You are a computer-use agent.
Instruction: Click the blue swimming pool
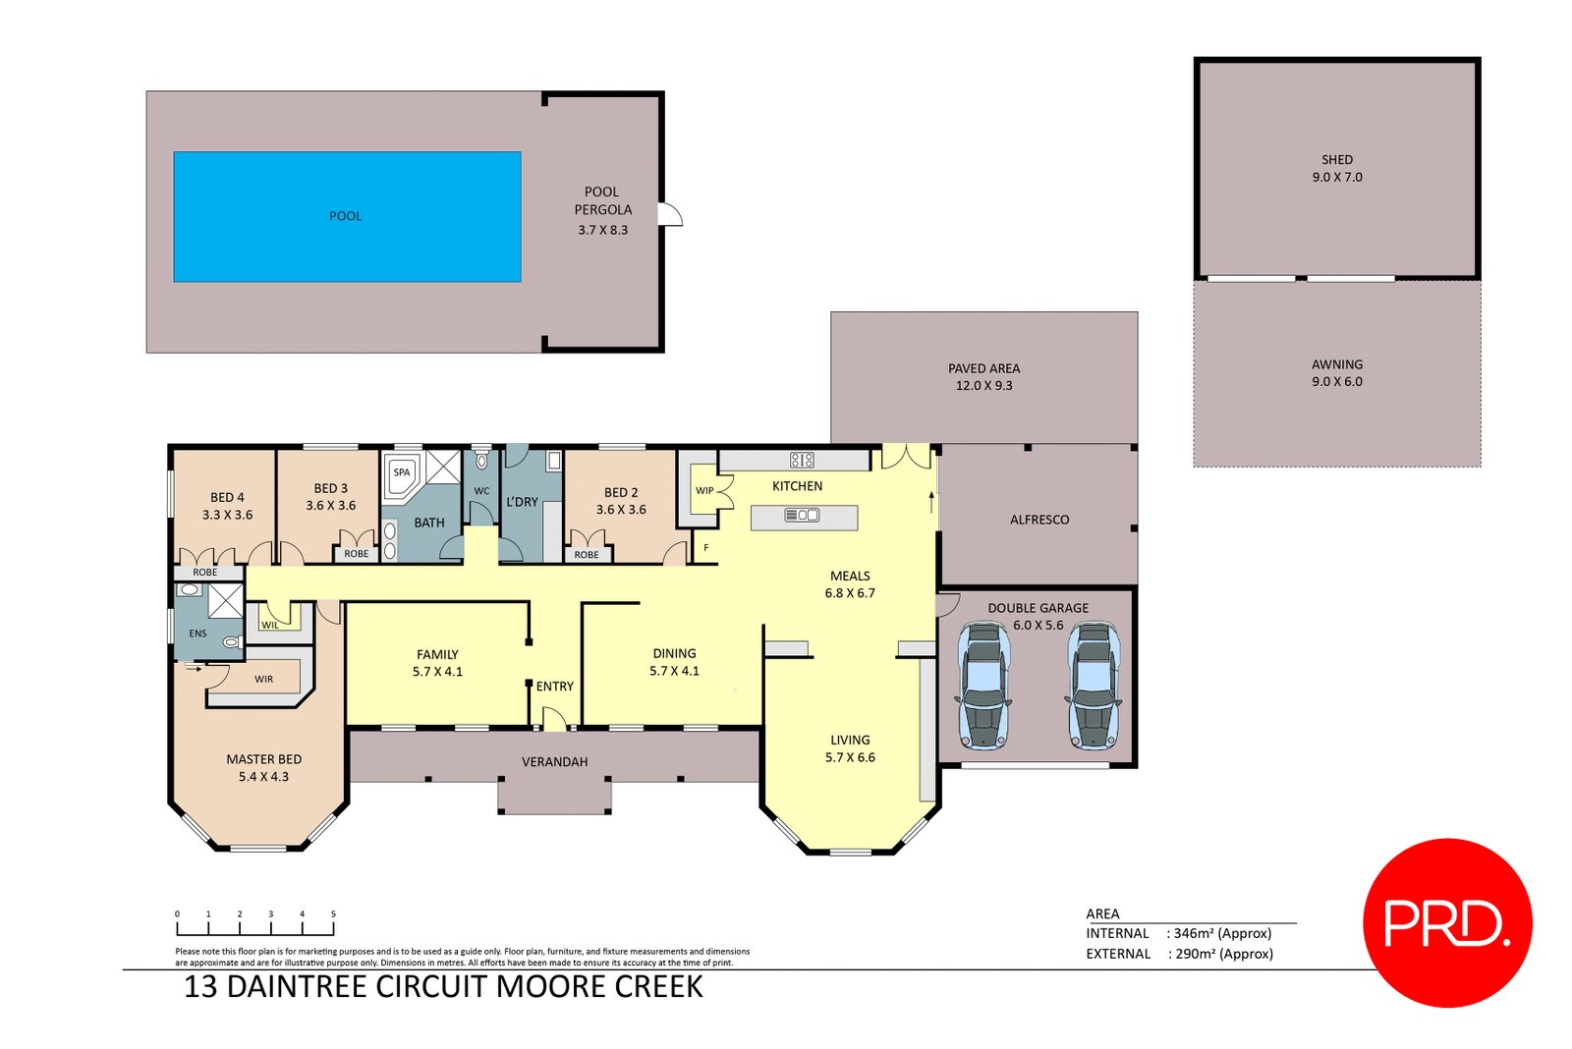(347, 216)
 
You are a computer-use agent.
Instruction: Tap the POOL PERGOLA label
(602, 200)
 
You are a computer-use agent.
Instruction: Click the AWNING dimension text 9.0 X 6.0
(1336, 382)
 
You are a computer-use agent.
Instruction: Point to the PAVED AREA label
(983, 368)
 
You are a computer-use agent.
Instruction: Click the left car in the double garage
(983, 686)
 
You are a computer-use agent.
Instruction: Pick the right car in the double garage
(1093, 686)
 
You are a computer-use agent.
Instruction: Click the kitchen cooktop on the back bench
(802, 460)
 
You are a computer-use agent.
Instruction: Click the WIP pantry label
(704, 491)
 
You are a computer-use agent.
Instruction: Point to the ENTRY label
(554, 687)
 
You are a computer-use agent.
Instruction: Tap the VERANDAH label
(554, 762)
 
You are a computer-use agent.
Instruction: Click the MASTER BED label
(263, 759)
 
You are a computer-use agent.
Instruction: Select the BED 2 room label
(621, 492)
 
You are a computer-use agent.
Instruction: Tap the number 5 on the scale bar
(333, 914)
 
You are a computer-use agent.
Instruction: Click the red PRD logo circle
(1446, 923)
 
